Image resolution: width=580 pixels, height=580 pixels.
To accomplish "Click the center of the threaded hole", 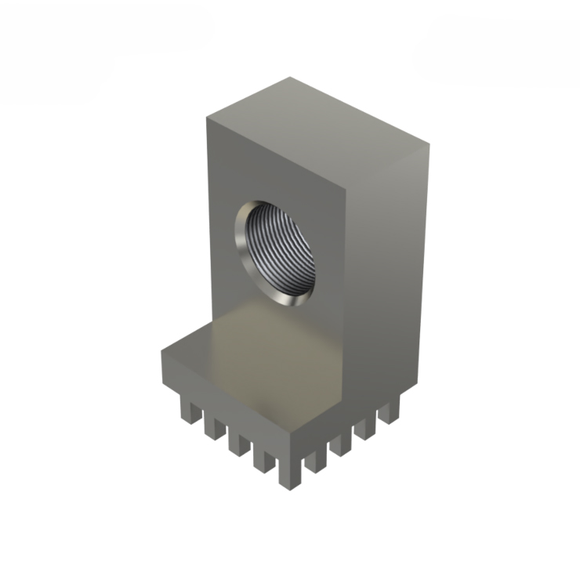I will (x=276, y=253).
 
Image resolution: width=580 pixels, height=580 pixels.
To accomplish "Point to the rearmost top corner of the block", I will (x=291, y=78).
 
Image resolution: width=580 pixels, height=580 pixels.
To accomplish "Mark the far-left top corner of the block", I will (x=207, y=118).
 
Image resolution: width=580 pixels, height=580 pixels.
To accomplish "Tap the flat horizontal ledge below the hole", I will (x=259, y=361).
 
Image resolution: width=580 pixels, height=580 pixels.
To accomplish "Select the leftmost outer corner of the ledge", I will (x=162, y=350).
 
